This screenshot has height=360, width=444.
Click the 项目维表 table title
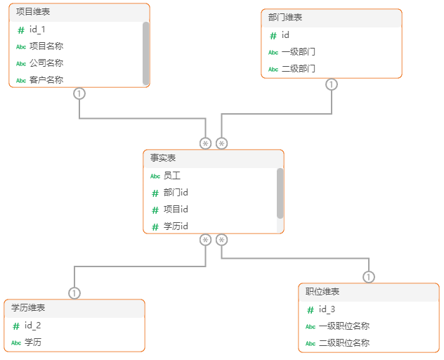33,12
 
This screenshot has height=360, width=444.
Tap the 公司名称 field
46,63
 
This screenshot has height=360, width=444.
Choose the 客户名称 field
46,79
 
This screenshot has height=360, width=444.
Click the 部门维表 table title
285,18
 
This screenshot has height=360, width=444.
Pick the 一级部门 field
298,52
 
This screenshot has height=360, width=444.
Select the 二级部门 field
298,69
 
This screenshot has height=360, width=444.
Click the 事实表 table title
163,158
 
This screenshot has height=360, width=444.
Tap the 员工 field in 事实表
172,176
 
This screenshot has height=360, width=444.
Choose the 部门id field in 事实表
176,193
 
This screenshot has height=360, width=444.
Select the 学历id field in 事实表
176,226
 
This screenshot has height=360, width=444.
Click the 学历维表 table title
28,308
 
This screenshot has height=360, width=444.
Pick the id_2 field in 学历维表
33,326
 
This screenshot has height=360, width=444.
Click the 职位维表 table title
322,292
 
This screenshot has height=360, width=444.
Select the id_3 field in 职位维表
327,309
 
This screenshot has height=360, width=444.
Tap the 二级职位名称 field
344,343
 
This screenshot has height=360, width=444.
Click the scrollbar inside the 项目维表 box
146,53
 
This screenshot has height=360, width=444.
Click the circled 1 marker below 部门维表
332,84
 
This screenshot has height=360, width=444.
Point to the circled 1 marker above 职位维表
369,277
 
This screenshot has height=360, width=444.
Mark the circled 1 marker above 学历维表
74,293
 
